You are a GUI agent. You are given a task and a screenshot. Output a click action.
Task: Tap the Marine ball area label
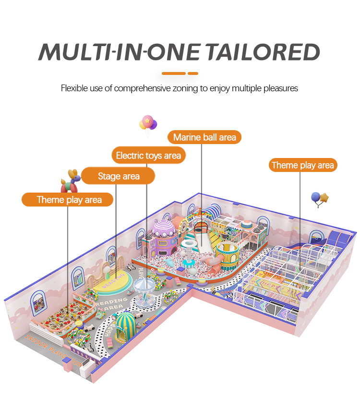(x=204, y=137)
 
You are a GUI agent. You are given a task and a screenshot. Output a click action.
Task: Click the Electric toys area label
(x=149, y=155)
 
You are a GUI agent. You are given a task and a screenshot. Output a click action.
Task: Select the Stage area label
(x=119, y=176)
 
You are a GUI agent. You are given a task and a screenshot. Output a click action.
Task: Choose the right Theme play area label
(x=302, y=165)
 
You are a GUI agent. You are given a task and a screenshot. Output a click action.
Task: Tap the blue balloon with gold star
(x=319, y=199)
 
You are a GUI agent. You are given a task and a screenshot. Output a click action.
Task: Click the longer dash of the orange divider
(x=174, y=73)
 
